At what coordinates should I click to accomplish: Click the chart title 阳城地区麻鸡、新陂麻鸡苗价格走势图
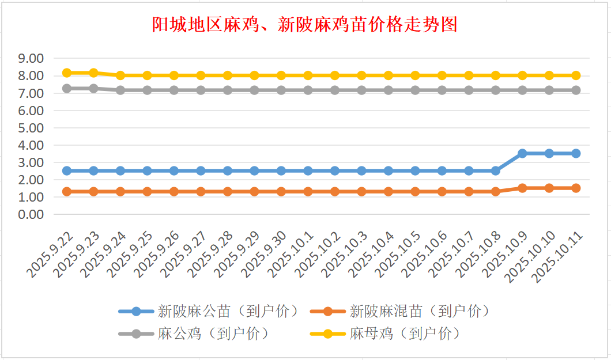304,25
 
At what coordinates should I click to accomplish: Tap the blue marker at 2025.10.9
522,153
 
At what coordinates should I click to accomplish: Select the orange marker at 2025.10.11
576,188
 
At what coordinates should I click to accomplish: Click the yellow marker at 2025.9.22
67,73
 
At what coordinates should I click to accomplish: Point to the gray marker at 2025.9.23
93,89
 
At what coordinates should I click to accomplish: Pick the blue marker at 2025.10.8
495,170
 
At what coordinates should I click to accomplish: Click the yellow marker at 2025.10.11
576,75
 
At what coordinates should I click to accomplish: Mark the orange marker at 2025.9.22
67,191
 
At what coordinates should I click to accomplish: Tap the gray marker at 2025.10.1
308,90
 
